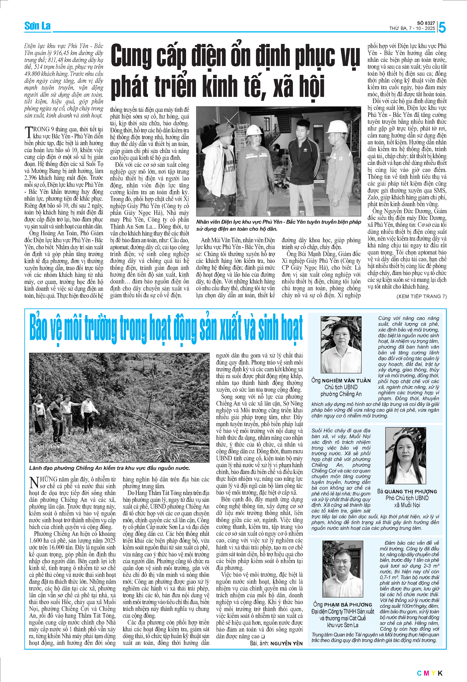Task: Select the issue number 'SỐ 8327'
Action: tap(426, 23)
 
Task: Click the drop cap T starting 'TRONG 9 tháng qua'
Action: tap(28, 132)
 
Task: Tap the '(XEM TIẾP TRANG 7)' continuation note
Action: tap(421, 296)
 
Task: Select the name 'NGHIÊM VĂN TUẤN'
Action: tap(346, 381)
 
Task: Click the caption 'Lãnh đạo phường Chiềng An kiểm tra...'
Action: tap(110, 468)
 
